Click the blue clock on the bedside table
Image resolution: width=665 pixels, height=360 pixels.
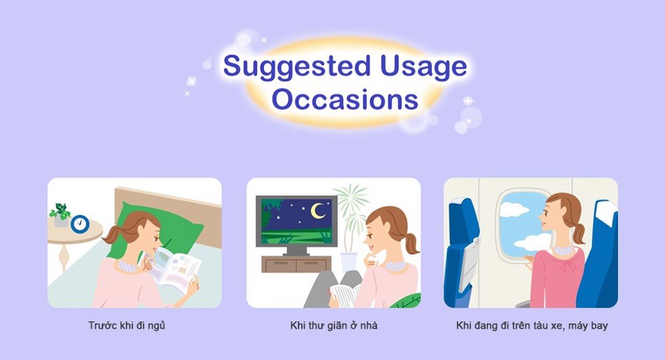pyautogui.click(x=80, y=224)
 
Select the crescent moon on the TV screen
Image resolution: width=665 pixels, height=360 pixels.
pyautogui.click(x=317, y=211)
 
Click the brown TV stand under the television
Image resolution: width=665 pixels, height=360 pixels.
pyautogui.click(x=296, y=264)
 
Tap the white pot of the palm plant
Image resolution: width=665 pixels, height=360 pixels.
pyautogui.click(x=348, y=262)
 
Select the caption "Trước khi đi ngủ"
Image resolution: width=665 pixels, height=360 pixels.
pyautogui.click(x=127, y=326)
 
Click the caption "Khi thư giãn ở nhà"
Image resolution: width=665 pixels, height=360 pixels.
pyautogui.click(x=334, y=325)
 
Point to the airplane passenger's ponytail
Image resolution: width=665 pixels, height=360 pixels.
pyautogui.click(x=578, y=232)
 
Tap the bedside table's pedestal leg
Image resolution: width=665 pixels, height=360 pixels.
pyautogui.click(x=64, y=256)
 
